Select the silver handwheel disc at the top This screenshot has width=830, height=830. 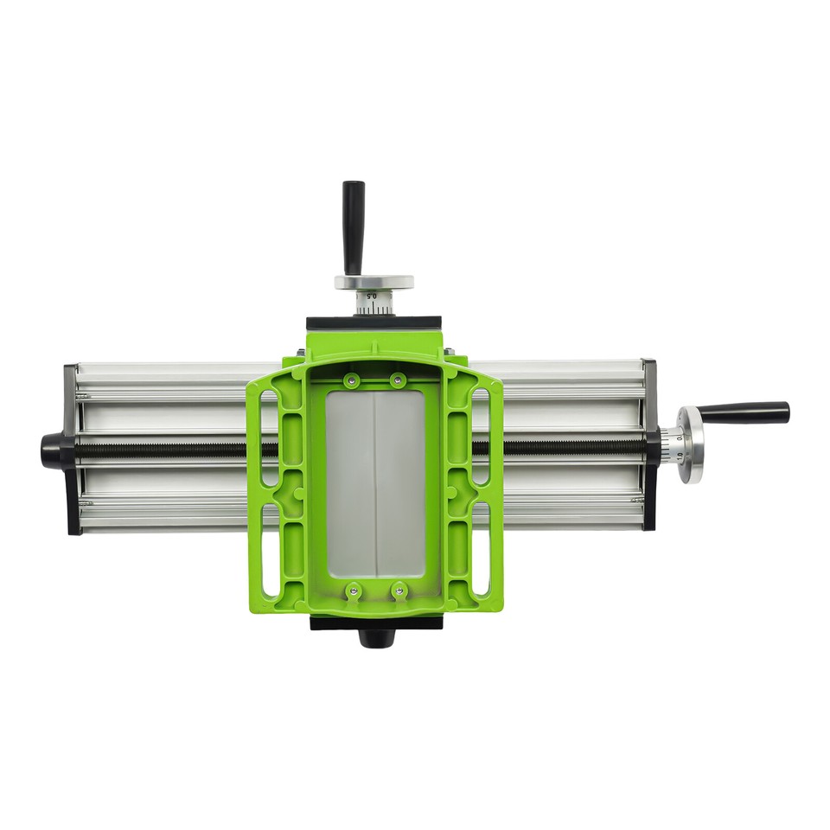(x=373, y=283)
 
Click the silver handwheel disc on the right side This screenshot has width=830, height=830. (x=691, y=444)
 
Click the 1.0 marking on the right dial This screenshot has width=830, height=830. (x=678, y=456)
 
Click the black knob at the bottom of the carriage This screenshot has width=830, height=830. (x=376, y=638)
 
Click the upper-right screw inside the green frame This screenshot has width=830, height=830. (x=397, y=380)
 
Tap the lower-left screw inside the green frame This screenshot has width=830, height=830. (x=353, y=592)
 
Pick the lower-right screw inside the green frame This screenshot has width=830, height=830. (x=399, y=592)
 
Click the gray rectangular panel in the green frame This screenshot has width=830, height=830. (x=375, y=484)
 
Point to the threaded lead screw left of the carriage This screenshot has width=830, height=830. (x=164, y=450)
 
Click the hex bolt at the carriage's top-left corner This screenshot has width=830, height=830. (x=300, y=353)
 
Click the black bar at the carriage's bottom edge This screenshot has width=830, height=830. (x=376, y=622)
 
